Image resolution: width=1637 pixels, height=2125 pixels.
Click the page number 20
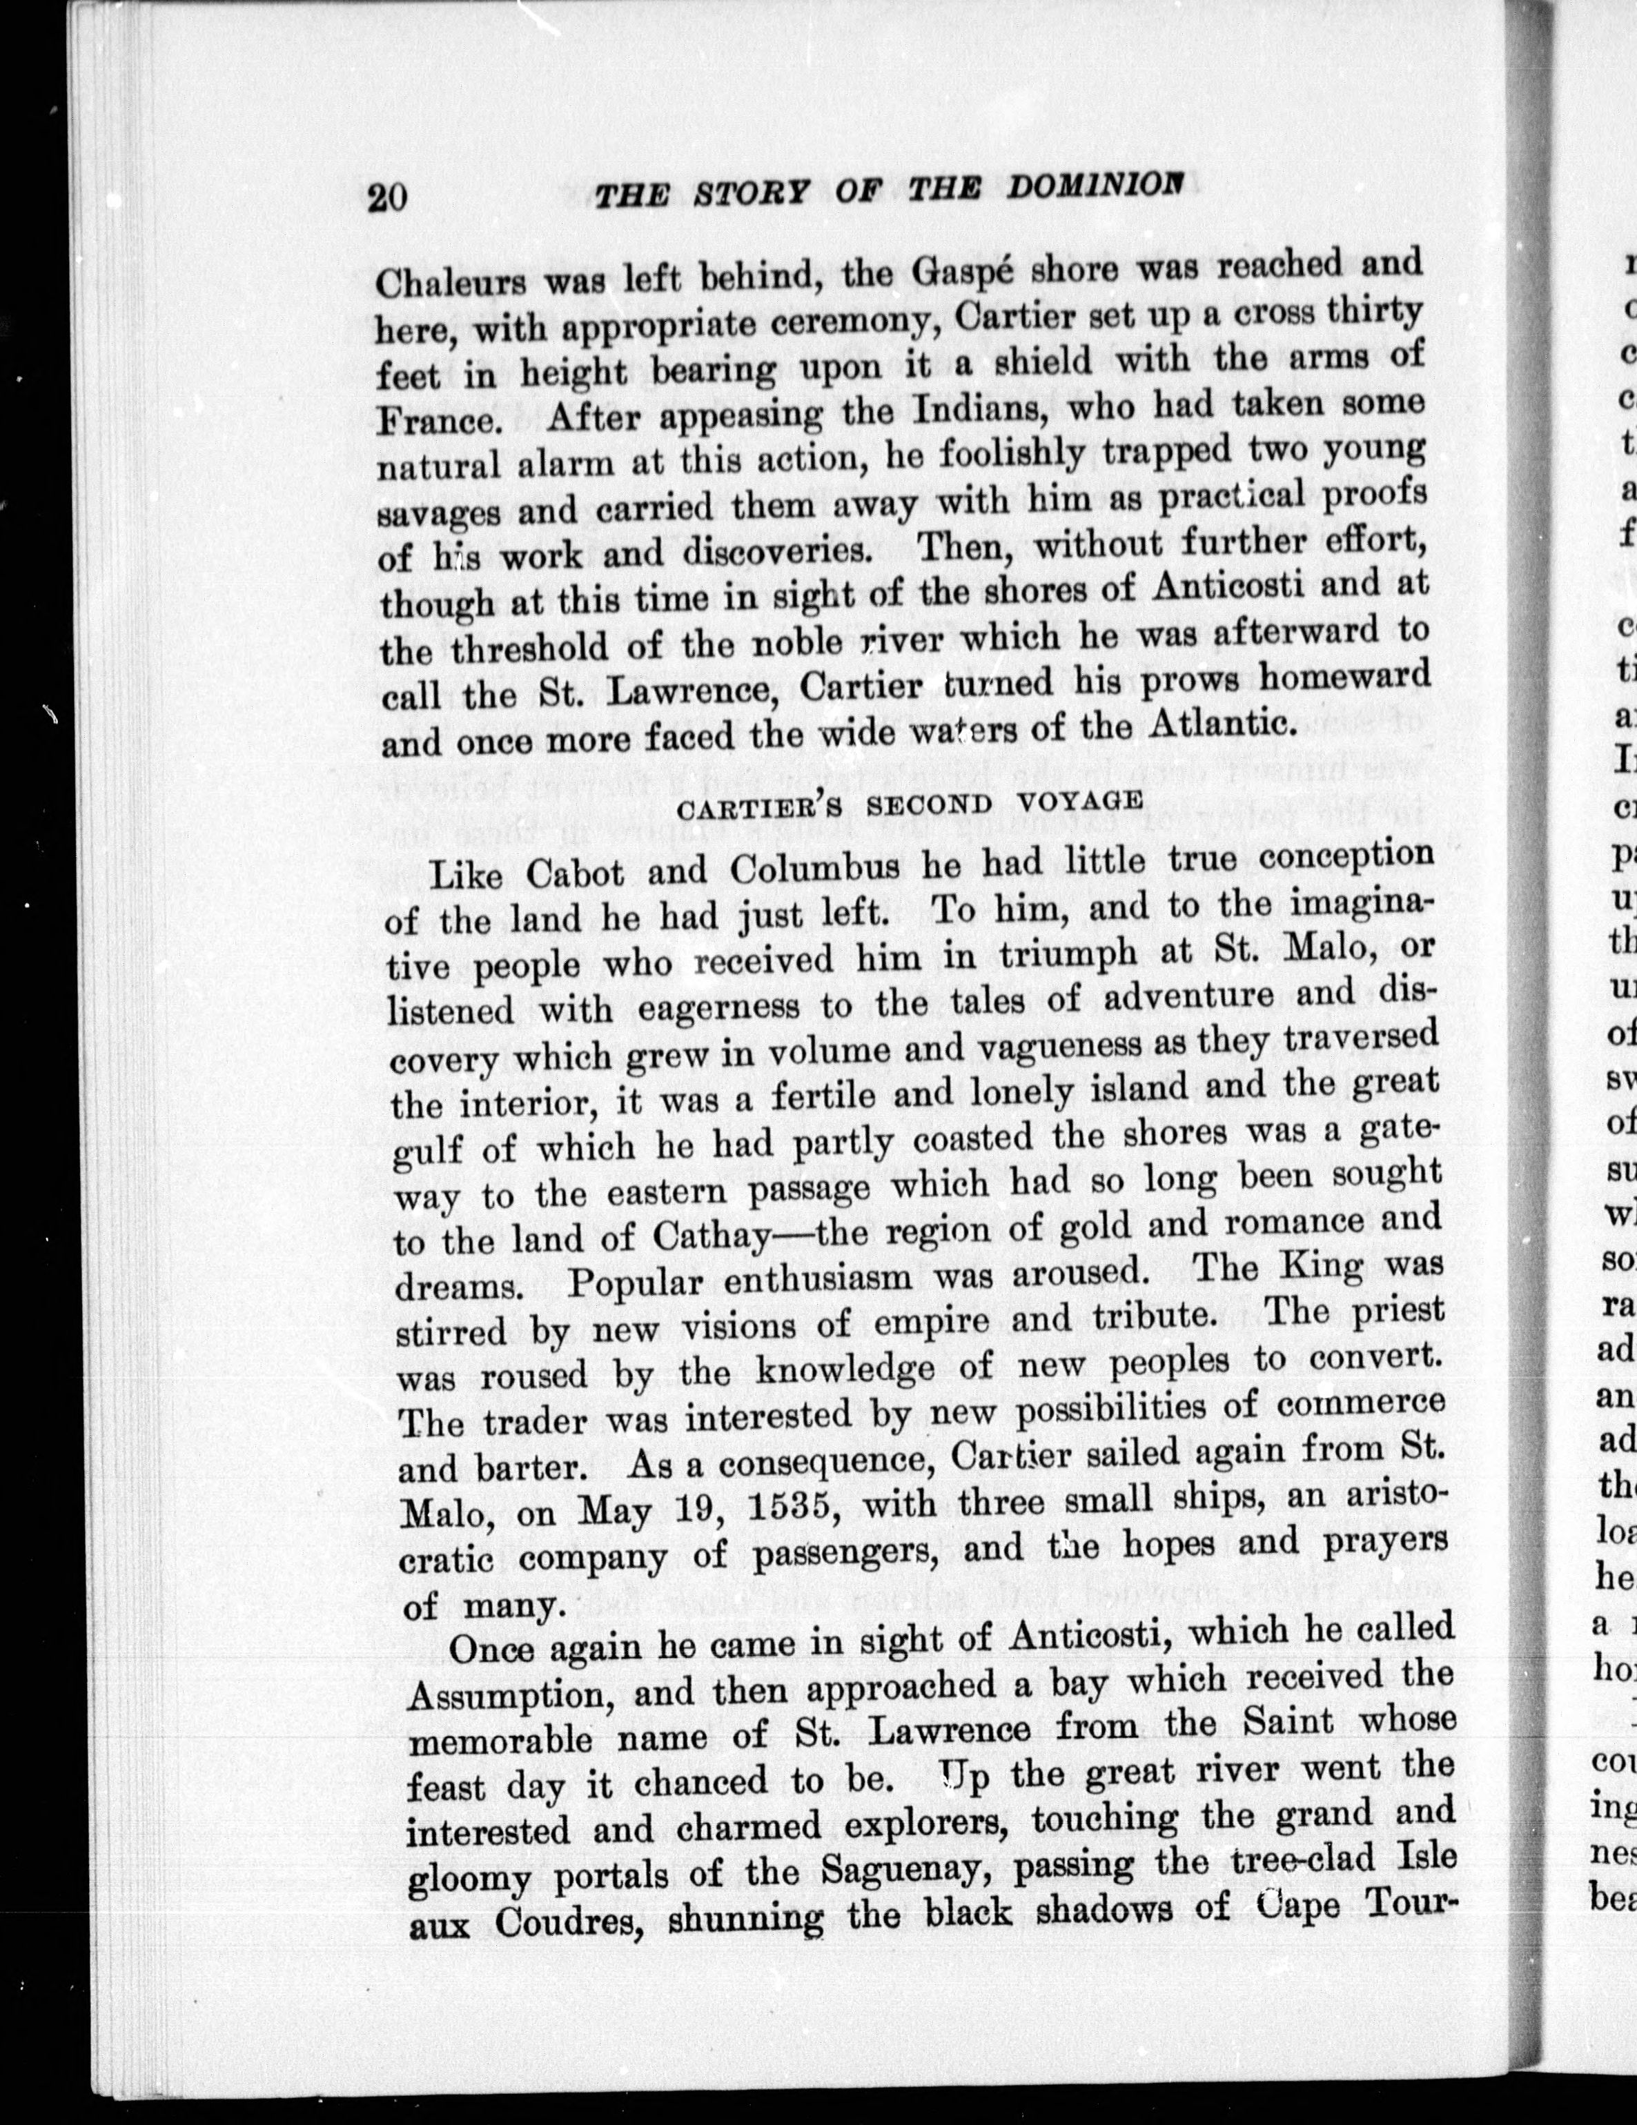tap(386, 197)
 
